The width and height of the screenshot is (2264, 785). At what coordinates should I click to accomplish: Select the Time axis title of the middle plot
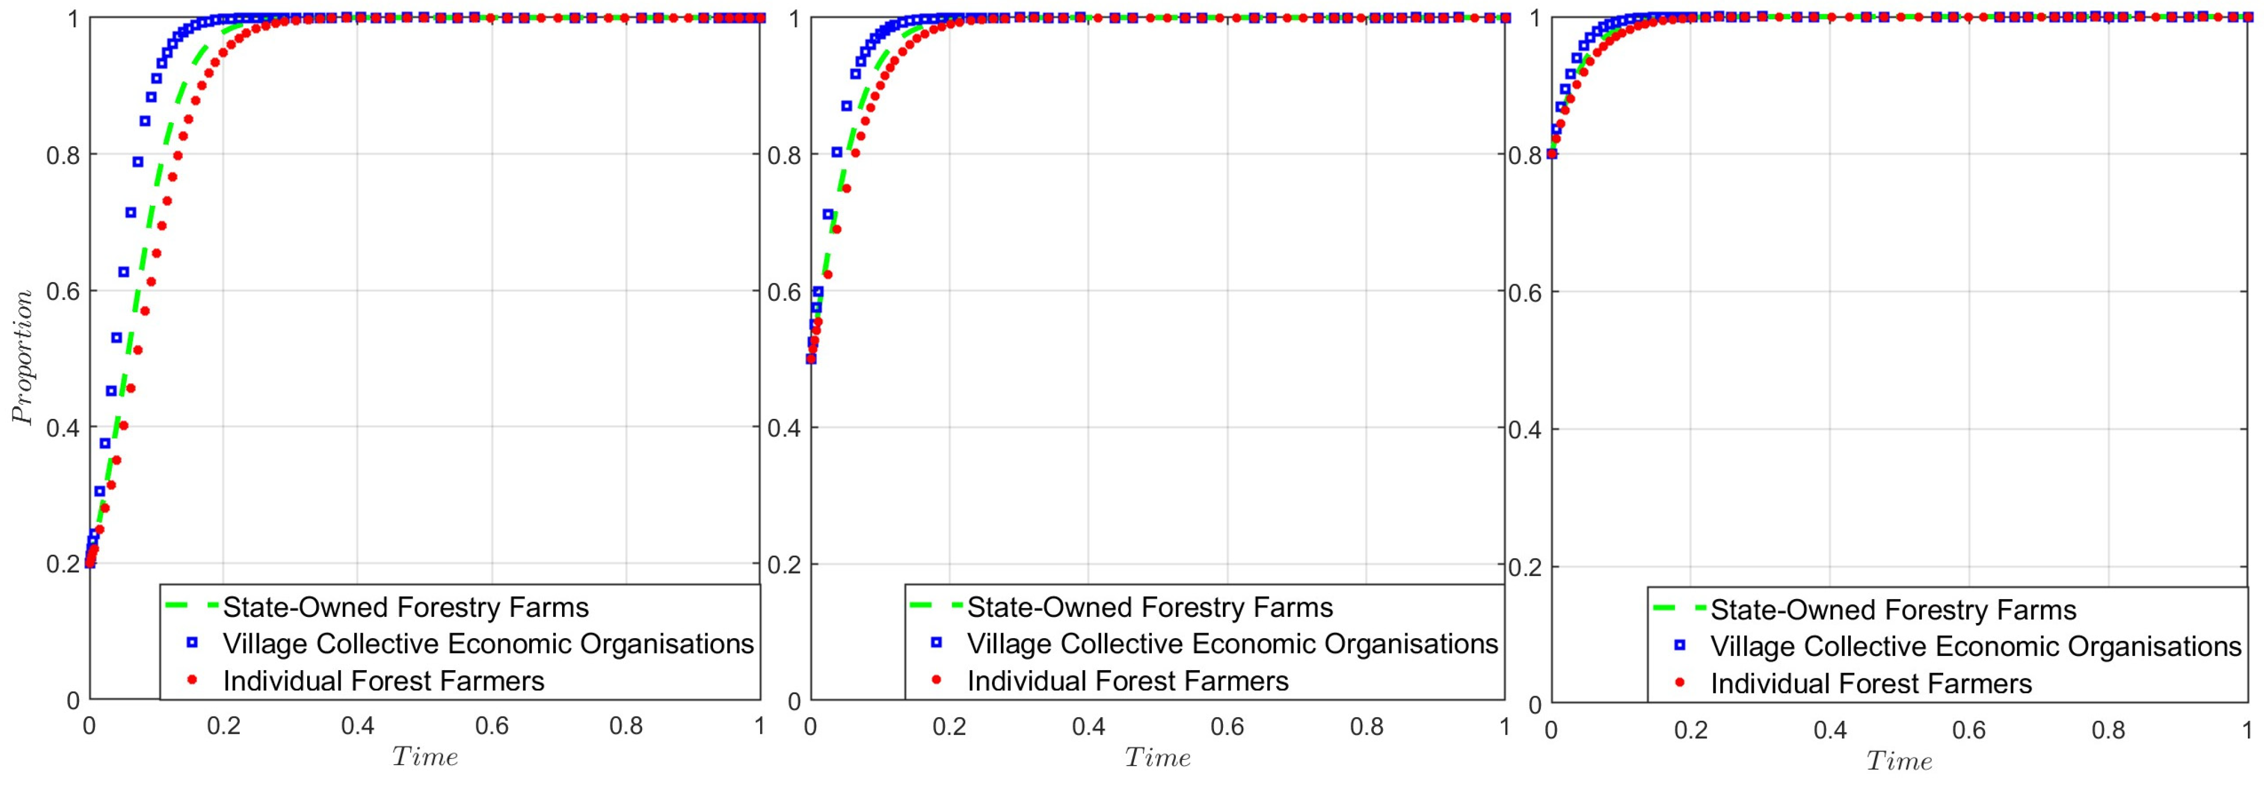(x=1158, y=757)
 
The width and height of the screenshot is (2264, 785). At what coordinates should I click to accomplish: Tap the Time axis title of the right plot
(x=1899, y=760)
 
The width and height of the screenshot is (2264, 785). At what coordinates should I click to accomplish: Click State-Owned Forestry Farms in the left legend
(x=405, y=607)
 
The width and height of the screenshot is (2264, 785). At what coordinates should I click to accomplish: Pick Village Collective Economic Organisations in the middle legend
(x=1232, y=645)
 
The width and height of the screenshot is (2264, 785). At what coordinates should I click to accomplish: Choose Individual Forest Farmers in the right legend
(x=1871, y=684)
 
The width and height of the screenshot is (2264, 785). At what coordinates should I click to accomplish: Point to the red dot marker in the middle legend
(x=936, y=679)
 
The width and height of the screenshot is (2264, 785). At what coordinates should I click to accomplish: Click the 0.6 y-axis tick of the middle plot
(x=785, y=292)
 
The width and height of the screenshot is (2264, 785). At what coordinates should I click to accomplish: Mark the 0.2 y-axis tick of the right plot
(x=1526, y=567)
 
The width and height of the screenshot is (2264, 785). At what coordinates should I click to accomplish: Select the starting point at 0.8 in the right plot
(x=1552, y=154)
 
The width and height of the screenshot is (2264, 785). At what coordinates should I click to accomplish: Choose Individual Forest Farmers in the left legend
(x=383, y=681)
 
